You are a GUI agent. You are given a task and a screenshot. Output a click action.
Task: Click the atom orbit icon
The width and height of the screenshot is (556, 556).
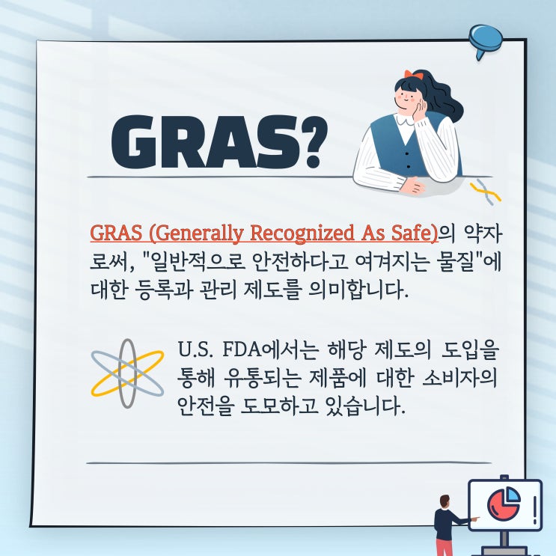(127, 372)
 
